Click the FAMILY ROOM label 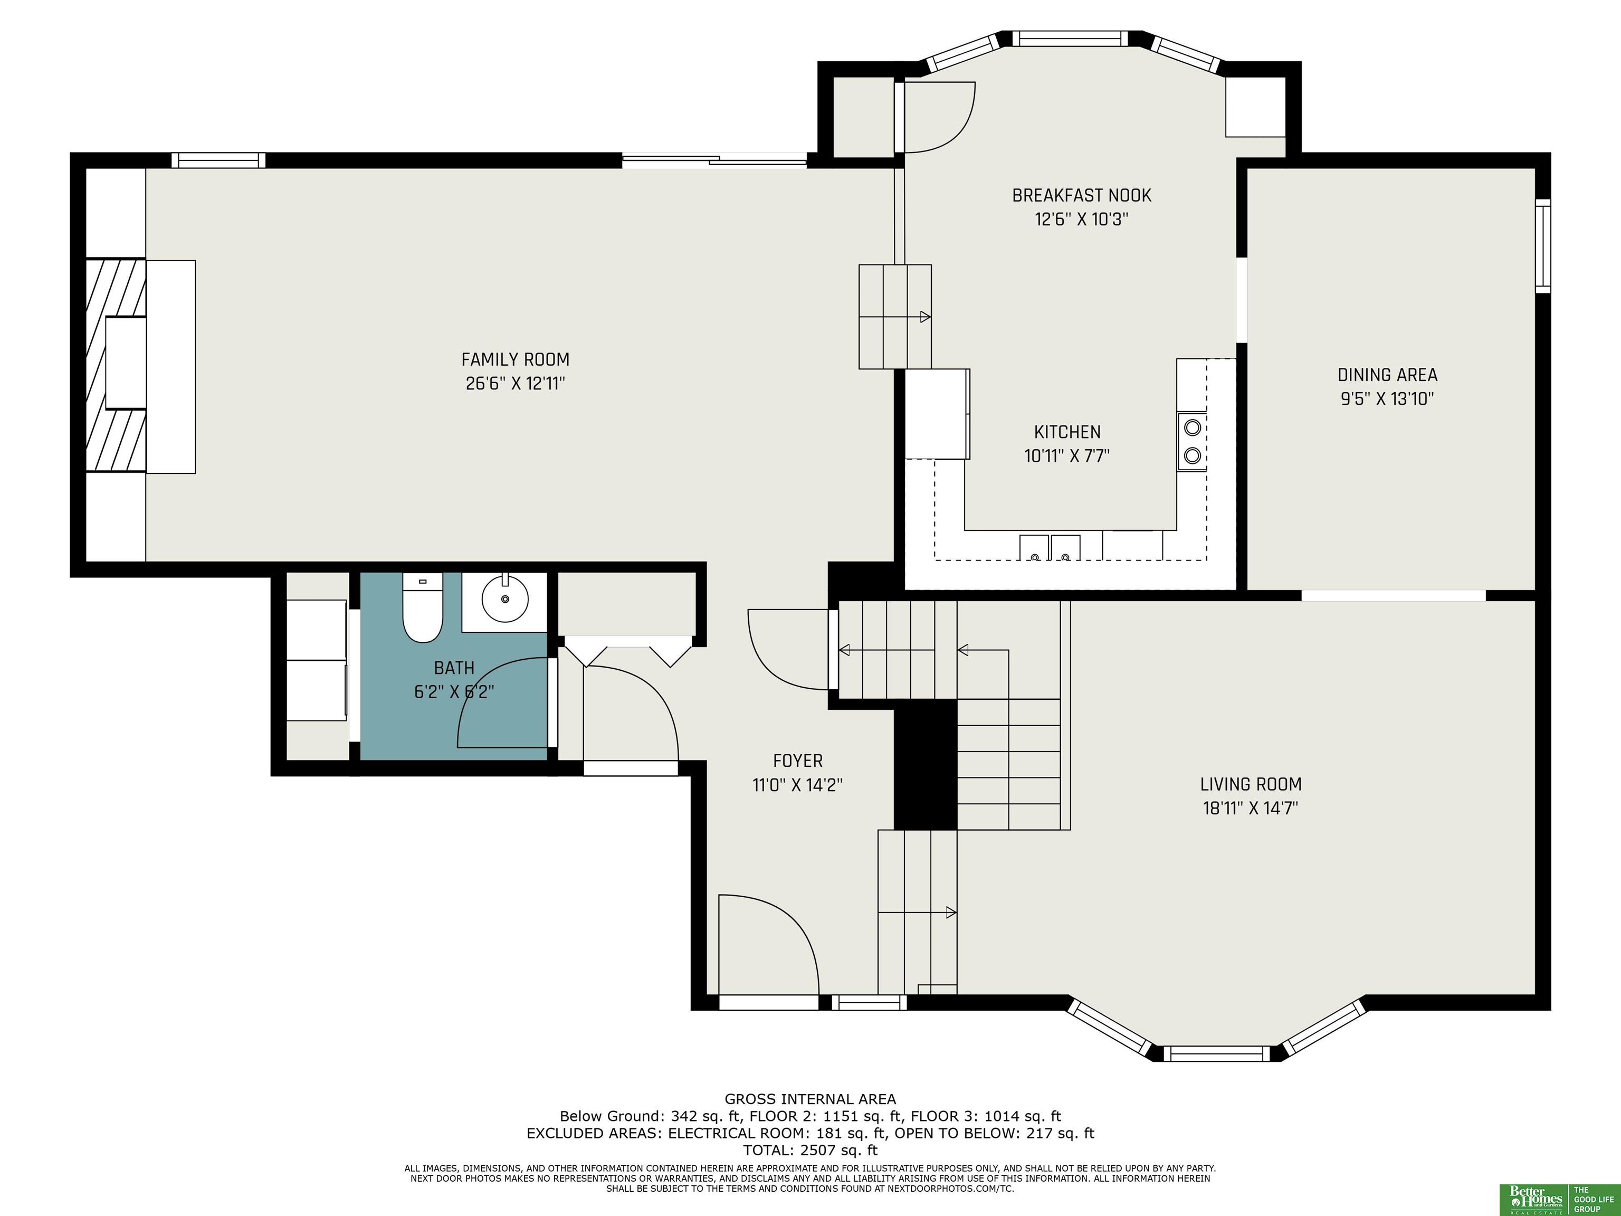coord(515,359)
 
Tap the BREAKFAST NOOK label coord(1082,196)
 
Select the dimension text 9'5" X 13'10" coord(1387,399)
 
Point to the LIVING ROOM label coord(1251,784)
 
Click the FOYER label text coord(798,761)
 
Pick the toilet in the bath coord(423,607)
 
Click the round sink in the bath coord(505,598)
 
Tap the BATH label coord(454,668)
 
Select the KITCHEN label coord(1067,432)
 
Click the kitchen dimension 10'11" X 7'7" coord(1067,456)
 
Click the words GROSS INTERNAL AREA coord(810,1099)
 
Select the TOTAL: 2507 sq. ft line coord(810,1150)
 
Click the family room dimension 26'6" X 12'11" coord(515,383)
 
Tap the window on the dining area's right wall coord(1542,245)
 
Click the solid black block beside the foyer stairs coord(926,765)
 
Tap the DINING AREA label coord(1387,375)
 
